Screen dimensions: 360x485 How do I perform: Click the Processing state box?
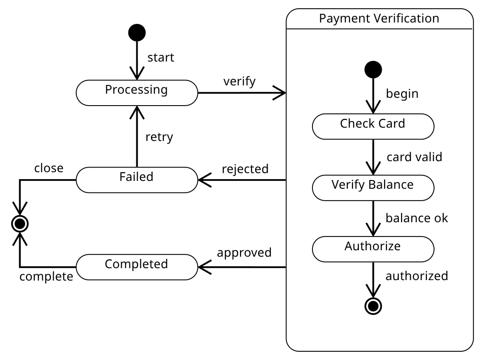coord(136,93)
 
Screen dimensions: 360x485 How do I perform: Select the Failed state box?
coord(136,180)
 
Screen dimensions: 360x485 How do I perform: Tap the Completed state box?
coord(136,267)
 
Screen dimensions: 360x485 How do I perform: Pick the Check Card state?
coord(373,126)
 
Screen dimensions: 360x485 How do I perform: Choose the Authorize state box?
coord(373,249)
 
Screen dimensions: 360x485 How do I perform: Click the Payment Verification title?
coord(379,19)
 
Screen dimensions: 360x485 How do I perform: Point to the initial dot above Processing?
coord(137,33)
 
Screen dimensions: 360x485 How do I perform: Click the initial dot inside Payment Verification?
coord(373,69)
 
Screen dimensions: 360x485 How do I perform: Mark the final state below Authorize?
coord(373,305)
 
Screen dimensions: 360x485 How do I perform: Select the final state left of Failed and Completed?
coord(20,224)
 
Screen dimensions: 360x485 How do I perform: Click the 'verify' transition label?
coord(239,82)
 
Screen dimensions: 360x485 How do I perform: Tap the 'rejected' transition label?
coord(245,169)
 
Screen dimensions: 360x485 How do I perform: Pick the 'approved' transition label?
coord(244,253)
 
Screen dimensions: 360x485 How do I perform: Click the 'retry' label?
coord(159,137)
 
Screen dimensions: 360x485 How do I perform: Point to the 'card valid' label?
coord(414,157)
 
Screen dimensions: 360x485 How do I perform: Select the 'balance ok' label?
coord(417,218)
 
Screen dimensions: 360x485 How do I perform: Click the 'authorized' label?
coord(416,276)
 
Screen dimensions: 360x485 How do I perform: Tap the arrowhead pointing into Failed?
coord(203,180)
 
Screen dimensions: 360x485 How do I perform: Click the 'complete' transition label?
coord(46,277)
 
